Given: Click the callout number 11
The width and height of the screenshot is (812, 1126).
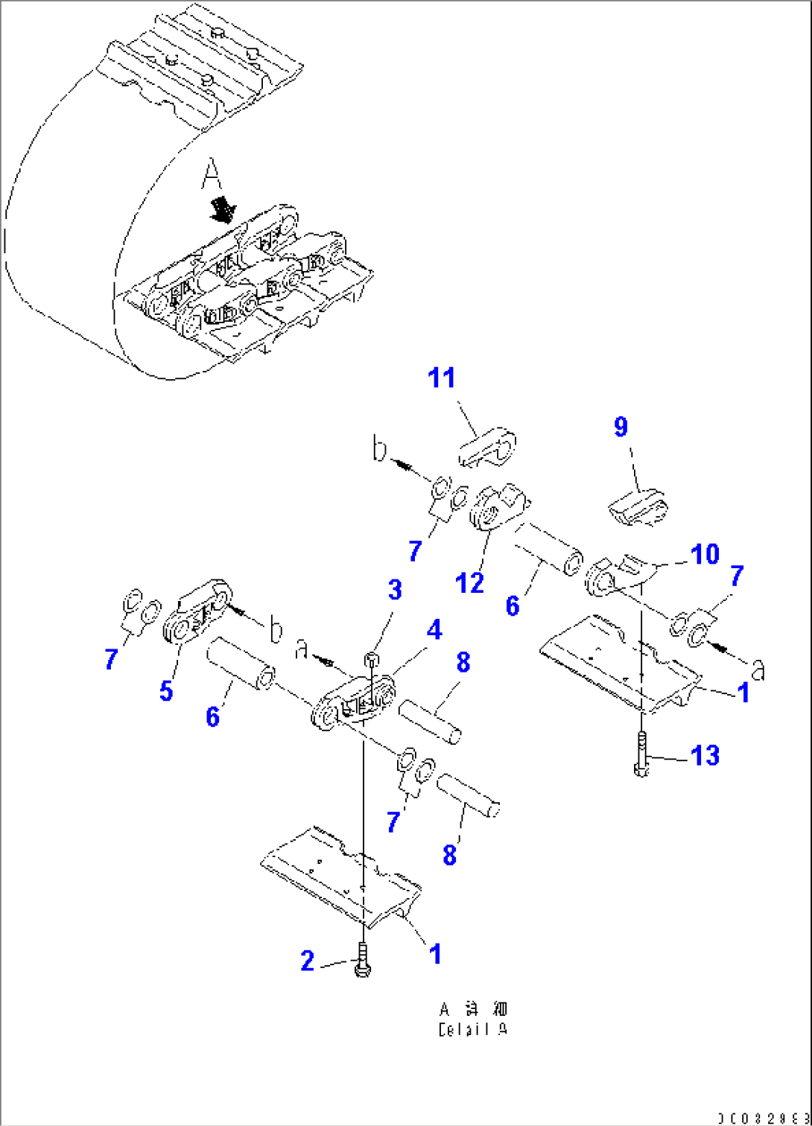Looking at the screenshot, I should point(441,378).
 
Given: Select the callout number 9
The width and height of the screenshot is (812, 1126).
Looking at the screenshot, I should point(621,427).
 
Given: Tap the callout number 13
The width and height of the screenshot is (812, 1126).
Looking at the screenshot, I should point(705,756).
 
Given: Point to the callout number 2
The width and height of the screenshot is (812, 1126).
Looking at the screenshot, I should point(308,961).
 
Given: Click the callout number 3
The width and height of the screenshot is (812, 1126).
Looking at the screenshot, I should point(395,590).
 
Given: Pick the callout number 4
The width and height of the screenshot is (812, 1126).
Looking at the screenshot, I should point(434,630).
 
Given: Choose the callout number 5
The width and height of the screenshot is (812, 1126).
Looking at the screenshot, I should point(166,690).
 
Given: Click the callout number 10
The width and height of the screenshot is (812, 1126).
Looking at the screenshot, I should point(705,554).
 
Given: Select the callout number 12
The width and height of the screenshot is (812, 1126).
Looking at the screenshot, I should point(469,582).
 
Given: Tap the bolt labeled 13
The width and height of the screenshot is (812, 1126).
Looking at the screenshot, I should point(641,754).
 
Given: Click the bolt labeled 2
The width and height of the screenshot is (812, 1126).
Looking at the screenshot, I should point(363,960).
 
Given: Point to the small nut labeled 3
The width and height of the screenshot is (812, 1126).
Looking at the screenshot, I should point(372,658).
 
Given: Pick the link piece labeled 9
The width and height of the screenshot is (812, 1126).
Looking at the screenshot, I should point(638,509).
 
